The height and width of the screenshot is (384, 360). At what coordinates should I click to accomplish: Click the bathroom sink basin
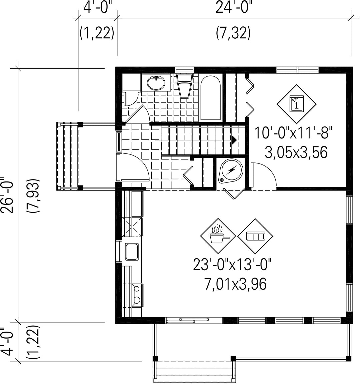point(156,83)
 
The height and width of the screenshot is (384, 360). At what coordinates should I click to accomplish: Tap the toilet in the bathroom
point(185,86)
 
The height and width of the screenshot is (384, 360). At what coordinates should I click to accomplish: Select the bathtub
point(210,98)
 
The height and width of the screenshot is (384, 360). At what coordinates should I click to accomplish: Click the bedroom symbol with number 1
point(296,104)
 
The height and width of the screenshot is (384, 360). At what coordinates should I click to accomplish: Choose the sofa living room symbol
point(255,236)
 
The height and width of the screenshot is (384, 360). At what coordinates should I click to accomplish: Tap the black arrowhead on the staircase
point(234,140)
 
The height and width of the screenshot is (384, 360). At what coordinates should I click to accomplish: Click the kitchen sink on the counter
point(132,252)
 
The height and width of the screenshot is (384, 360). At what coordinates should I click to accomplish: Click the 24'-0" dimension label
point(234,8)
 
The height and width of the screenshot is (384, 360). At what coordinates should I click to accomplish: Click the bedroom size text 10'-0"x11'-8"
point(294,133)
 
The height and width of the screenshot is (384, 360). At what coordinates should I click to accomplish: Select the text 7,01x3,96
point(235,284)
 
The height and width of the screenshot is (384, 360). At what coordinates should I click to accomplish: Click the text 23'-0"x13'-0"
point(232,265)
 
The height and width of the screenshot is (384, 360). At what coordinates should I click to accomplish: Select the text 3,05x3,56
point(296,152)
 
